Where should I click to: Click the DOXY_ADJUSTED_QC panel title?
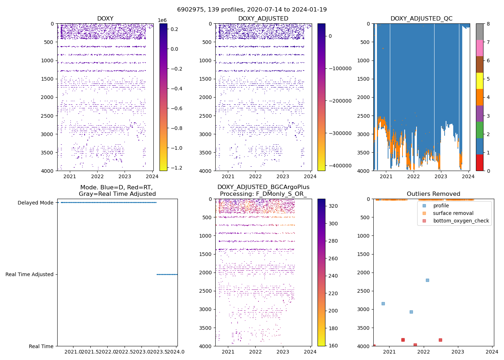[x=421, y=18]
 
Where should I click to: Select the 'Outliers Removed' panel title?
[x=433, y=194]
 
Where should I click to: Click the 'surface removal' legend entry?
[x=453, y=213]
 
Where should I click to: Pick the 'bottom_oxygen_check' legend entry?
[x=461, y=221]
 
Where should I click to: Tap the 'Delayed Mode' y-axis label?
[x=35, y=203]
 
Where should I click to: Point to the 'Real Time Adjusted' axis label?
[x=29, y=274]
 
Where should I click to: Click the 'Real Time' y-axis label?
[x=41, y=346]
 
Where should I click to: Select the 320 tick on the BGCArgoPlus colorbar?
[x=333, y=206]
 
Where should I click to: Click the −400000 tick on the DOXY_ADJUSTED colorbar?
[x=340, y=166]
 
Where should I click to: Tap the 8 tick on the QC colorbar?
[x=488, y=24]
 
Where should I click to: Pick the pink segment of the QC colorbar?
[x=480, y=48]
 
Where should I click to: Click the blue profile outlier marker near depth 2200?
[x=427, y=280]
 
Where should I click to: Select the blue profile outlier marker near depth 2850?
[x=383, y=303]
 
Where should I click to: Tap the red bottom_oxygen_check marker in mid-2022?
[x=440, y=340]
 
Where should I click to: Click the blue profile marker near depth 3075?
[x=411, y=312]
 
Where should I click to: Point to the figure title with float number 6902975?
[x=252, y=10]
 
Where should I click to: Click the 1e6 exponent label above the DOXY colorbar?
[x=163, y=21]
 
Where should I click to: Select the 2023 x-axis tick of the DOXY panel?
[x=125, y=176]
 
